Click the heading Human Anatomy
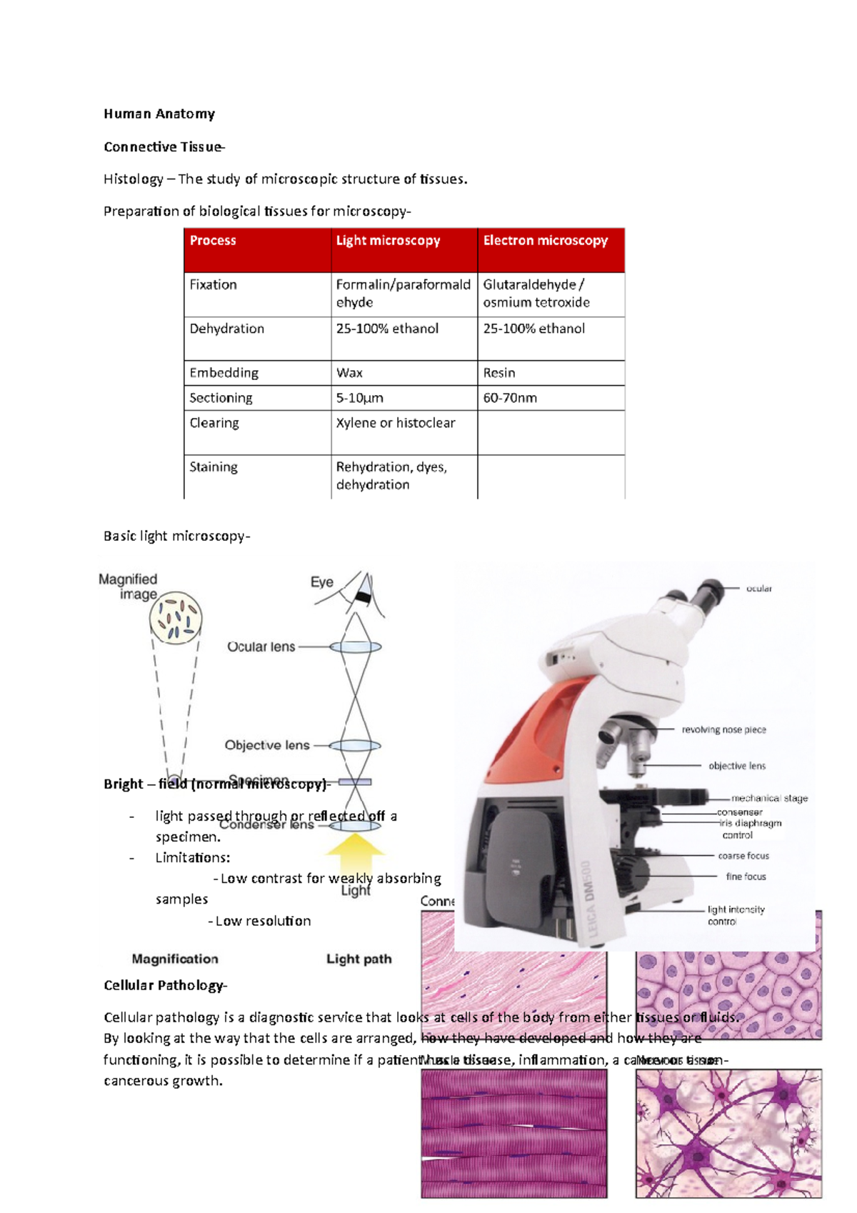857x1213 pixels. tap(159, 114)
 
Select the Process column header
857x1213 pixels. tap(213, 241)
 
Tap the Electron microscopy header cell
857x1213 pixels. tap(545, 241)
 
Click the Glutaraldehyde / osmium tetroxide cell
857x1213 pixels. tap(536, 294)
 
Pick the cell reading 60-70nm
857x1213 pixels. tap(510, 398)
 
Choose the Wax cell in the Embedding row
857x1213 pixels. tap(349, 373)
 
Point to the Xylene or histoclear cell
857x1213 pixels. tap(395, 423)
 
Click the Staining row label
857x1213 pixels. tap(214, 467)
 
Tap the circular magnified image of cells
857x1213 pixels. tap(176, 617)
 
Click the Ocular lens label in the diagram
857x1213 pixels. tap(261, 647)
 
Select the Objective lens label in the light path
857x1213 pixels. tap(267, 745)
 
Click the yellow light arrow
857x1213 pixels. tap(355, 847)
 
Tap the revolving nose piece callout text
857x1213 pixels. tap(723, 729)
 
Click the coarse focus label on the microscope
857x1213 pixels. tap(743, 856)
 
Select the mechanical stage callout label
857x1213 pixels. tap(769, 798)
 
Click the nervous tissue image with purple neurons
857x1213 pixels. tap(728, 1137)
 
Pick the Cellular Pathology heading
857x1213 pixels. tap(165, 985)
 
